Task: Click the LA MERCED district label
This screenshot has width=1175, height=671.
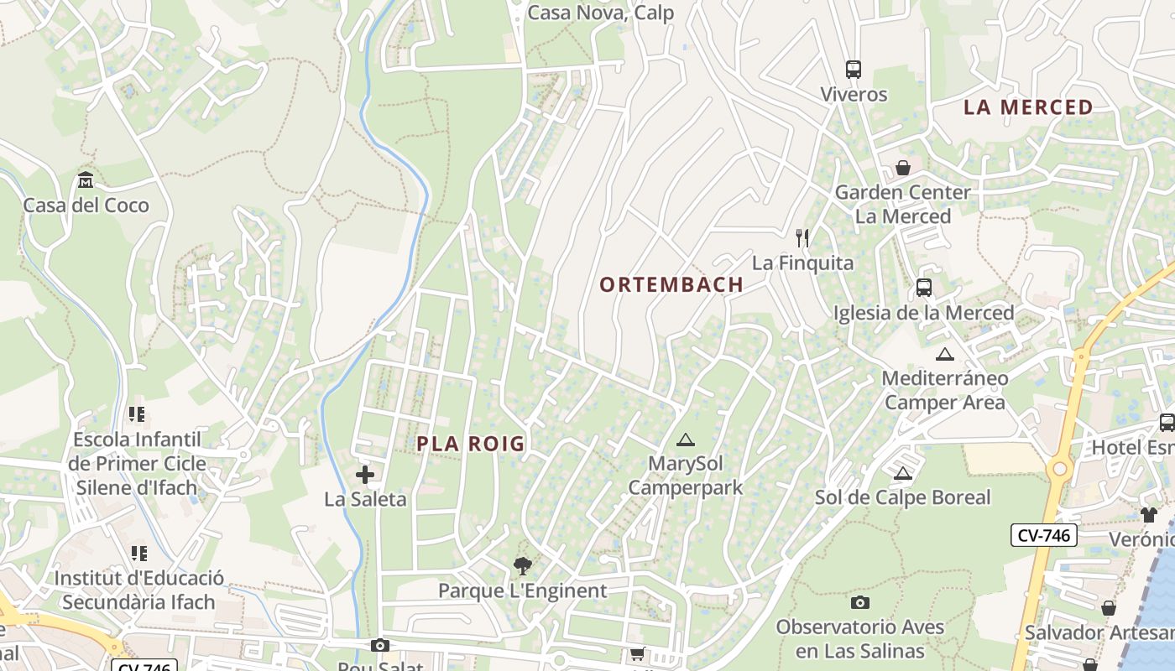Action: [1028, 107]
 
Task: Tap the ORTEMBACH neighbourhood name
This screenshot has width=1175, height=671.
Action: [671, 285]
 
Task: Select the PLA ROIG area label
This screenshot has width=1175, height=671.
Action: [471, 444]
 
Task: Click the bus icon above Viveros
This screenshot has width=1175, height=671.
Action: [854, 70]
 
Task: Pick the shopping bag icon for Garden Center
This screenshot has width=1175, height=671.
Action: [903, 168]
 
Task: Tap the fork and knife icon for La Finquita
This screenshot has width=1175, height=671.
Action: [802, 238]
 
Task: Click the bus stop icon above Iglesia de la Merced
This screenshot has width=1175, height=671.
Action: [924, 288]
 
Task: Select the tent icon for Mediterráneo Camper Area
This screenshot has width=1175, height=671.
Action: [945, 354]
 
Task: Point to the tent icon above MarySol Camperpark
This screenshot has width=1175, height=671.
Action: [686, 440]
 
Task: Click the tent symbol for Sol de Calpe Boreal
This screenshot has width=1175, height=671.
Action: [903, 473]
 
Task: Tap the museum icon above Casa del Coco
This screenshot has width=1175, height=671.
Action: [86, 180]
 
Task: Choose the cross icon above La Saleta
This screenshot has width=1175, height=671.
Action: [365, 476]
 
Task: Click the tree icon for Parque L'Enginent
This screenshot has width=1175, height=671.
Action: [522, 566]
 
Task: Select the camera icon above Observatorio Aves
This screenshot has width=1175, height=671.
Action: [860, 602]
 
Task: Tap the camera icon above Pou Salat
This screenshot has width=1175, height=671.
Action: [380, 645]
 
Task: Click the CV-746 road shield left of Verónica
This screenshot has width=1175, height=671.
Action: [1043, 535]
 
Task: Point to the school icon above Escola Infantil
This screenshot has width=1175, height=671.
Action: [137, 414]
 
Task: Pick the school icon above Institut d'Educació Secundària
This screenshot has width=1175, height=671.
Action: [138, 554]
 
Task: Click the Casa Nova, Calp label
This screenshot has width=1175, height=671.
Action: [600, 13]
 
